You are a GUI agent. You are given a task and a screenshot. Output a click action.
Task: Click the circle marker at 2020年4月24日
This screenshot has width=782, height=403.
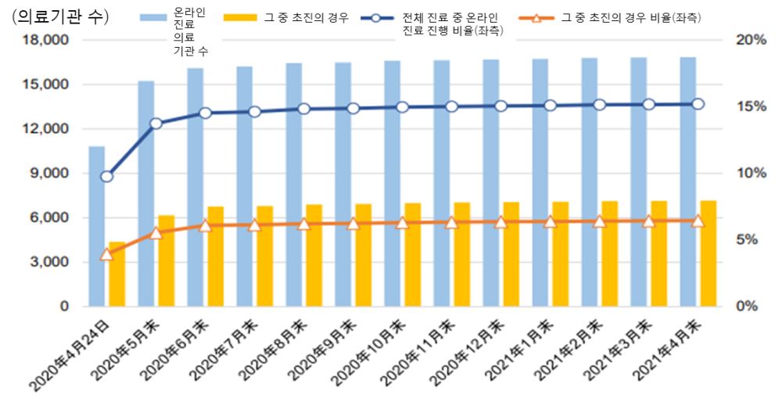(x=107, y=176)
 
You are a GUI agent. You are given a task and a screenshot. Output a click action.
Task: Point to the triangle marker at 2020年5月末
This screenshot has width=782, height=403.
(x=156, y=232)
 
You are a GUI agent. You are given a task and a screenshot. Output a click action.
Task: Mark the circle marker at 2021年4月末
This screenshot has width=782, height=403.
(x=698, y=103)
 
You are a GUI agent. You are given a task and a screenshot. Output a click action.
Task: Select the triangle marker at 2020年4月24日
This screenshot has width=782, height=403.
(x=107, y=254)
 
